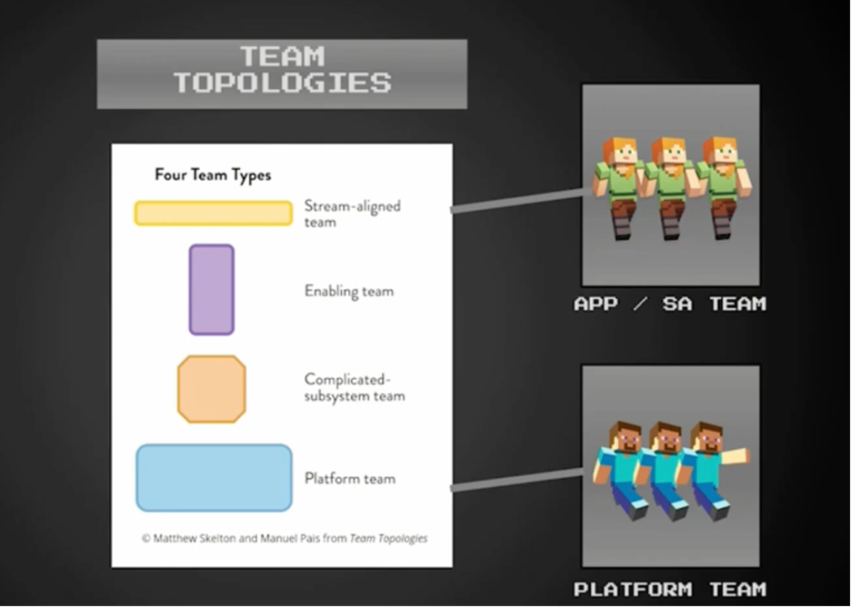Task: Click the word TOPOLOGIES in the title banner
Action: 282,83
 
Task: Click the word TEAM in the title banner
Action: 282,55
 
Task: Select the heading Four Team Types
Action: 213,175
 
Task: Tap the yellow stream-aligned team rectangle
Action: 214,214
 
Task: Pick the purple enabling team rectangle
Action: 212,290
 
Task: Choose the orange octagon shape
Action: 212,389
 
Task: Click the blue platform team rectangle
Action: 214,478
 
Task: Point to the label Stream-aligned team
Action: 352,214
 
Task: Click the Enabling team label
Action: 349,292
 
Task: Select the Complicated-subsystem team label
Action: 355,387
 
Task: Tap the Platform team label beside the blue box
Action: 350,479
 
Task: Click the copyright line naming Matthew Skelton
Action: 285,538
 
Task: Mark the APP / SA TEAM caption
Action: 670,303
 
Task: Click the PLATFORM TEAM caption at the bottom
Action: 670,589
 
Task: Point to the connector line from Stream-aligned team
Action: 521,200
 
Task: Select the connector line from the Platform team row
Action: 517,480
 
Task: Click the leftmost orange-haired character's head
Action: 619,152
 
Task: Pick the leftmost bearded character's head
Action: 625,437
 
